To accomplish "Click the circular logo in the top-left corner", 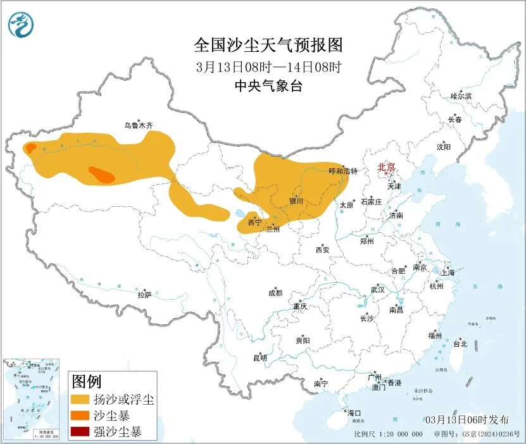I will coord(21,25).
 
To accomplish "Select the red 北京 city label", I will coord(386,168).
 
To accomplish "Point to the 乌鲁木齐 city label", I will coord(138,126).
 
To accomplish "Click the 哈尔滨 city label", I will coord(461,96).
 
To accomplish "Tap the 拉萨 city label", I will coord(145,295).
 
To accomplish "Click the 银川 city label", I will coord(296,201).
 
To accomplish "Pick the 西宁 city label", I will coord(254,223).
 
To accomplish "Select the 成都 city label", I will coord(275,293).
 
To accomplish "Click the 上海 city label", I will coord(448,273).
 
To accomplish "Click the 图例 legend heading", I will coord(87,382).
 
